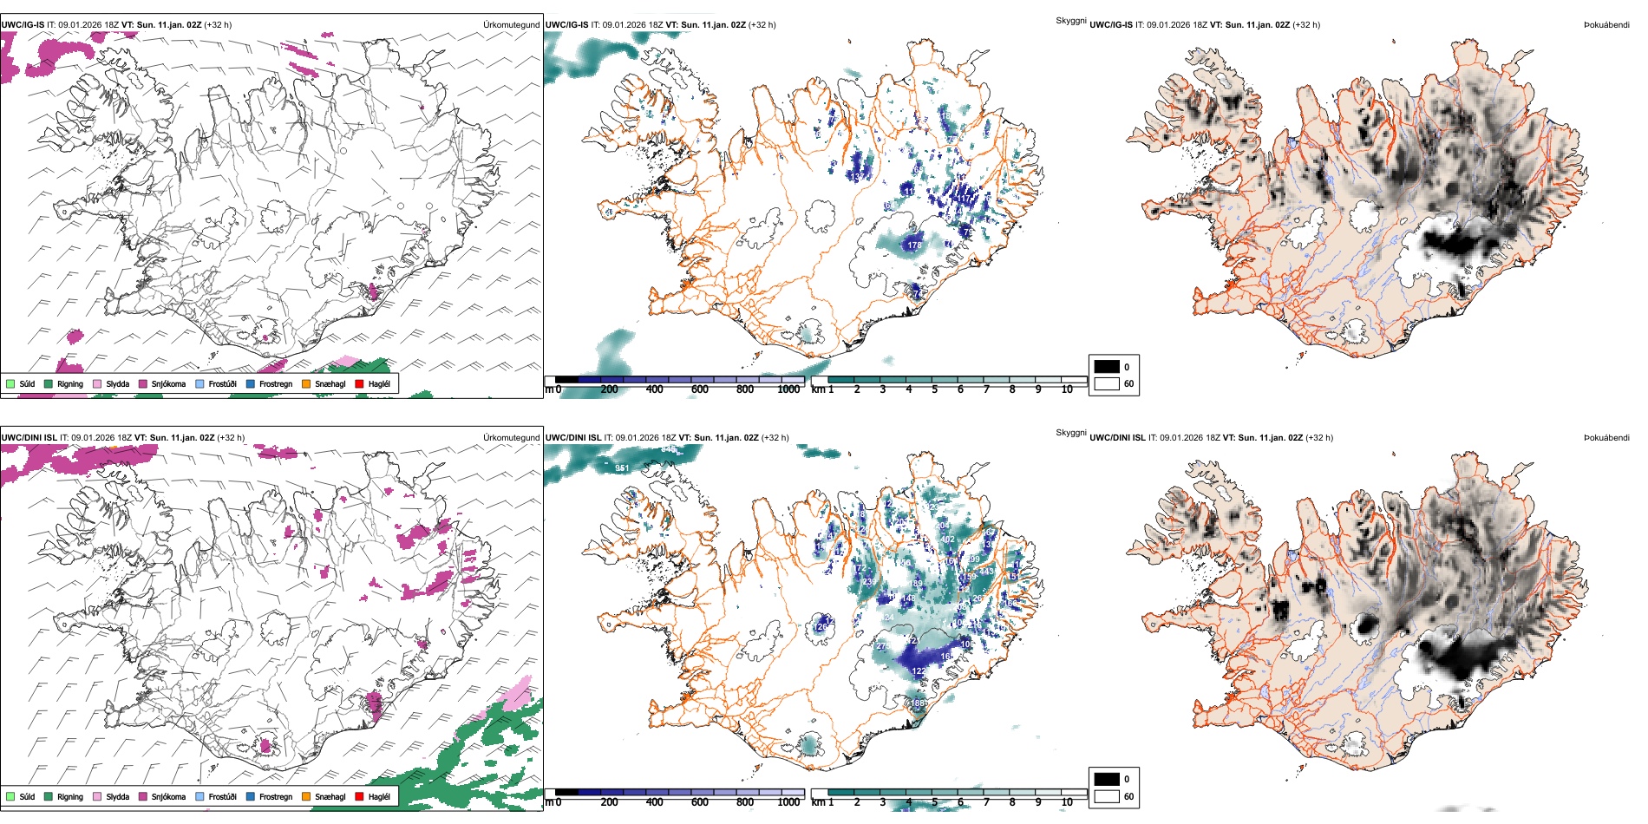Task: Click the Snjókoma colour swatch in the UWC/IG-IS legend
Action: (143, 383)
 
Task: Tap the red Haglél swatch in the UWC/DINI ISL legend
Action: (359, 796)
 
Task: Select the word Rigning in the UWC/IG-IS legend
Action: (70, 383)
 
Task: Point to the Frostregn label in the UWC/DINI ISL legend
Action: (276, 796)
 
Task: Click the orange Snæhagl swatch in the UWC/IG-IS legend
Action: (306, 383)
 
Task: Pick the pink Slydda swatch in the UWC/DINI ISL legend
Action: (97, 796)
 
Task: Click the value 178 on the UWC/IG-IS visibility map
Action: (914, 245)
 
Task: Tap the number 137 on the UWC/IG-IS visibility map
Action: (856, 177)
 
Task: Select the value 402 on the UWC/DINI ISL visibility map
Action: (948, 540)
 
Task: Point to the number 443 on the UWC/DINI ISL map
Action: (986, 572)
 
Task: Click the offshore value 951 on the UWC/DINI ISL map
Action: (622, 468)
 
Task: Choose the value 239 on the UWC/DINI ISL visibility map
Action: (868, 582)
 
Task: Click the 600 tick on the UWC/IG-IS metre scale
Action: (700, 389)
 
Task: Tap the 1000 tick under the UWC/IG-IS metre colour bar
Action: (788, 389)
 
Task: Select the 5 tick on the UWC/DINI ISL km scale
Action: (935, 802)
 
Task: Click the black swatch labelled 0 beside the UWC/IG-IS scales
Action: (1107, 367)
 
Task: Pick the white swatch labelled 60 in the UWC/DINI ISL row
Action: (1107, 796)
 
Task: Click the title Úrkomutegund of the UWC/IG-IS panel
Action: (511, 25)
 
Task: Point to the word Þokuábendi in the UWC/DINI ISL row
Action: (1606, 438)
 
